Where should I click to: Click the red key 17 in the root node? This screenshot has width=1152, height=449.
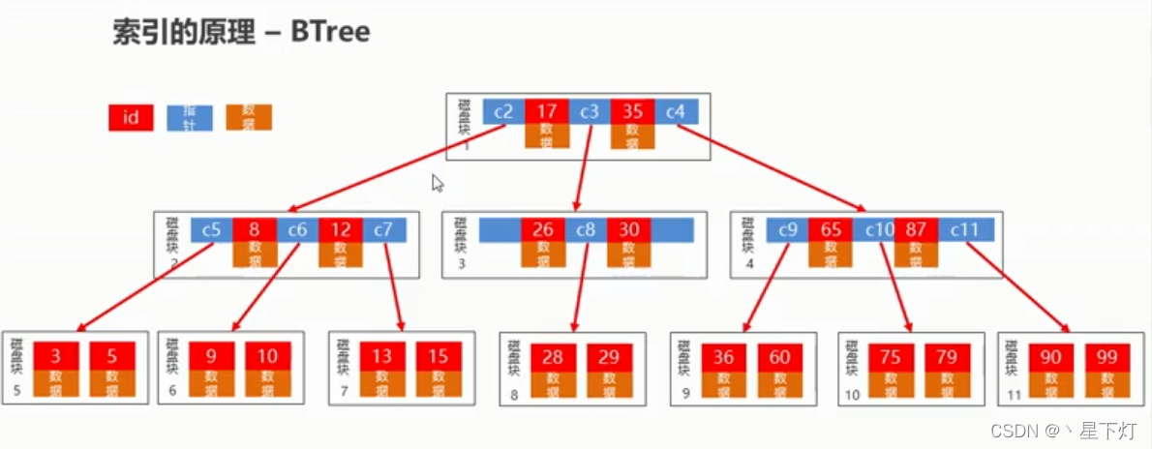coord(546,112)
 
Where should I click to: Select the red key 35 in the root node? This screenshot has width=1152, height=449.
coord(632,112)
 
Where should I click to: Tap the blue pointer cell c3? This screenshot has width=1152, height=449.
coord(590,112)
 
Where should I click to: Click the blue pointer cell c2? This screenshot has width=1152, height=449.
coord(503,112)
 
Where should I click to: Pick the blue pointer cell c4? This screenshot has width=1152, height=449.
coord(675,112)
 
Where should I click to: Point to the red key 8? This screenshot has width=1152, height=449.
coord(254,229)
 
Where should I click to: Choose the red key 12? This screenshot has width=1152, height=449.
coord(341,229)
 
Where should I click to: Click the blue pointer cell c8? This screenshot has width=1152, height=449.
coord(586,229)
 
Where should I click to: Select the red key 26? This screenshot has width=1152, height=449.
coord(542,229)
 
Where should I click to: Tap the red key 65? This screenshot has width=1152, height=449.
coord(831,230)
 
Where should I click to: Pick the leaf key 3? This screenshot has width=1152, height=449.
coord(56,355)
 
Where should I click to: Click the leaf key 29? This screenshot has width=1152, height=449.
coord(609,357)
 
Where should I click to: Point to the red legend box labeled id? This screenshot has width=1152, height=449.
coord(131,118)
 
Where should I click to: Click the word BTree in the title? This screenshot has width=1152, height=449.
coord(329,32)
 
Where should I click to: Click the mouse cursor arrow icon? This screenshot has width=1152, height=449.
coord(438,183)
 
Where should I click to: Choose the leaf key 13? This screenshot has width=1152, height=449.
coord(382,355)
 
